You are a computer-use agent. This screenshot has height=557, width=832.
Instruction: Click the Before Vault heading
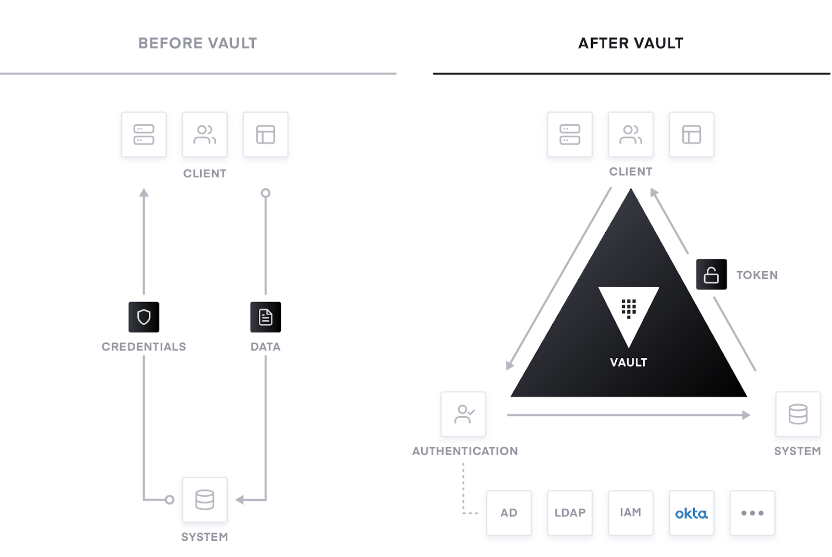point(198,44)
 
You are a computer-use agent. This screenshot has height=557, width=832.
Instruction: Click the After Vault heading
point(631,44)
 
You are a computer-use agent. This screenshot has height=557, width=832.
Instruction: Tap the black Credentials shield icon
point(144,317)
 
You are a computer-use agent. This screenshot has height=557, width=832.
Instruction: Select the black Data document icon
point(266,317)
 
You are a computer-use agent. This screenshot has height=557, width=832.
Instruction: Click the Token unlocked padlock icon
point(711,274)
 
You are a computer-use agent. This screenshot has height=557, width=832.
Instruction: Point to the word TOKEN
point(757,275)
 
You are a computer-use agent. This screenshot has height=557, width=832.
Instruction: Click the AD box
point(509,513)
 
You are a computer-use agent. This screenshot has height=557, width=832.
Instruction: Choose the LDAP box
point(570,513)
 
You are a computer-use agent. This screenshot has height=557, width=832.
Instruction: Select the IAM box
point(631,513)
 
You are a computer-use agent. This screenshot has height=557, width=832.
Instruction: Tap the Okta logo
point(691,513)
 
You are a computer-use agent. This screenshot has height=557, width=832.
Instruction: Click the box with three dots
point(752,513)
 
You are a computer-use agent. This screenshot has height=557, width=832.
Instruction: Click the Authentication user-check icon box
point(463,414)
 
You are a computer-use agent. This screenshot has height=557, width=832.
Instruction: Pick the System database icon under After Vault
point(798,414)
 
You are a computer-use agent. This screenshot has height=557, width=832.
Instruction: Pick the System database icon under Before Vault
point(205,499)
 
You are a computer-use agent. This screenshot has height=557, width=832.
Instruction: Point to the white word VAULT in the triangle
point(629,362)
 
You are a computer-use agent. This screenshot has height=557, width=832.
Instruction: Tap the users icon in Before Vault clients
point(205,135)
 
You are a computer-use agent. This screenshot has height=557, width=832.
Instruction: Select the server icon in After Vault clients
point(570,135)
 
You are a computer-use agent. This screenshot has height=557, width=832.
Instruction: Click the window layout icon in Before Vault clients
point(266,135)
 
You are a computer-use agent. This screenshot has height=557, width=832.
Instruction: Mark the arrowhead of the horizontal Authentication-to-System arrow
point(747,415)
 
